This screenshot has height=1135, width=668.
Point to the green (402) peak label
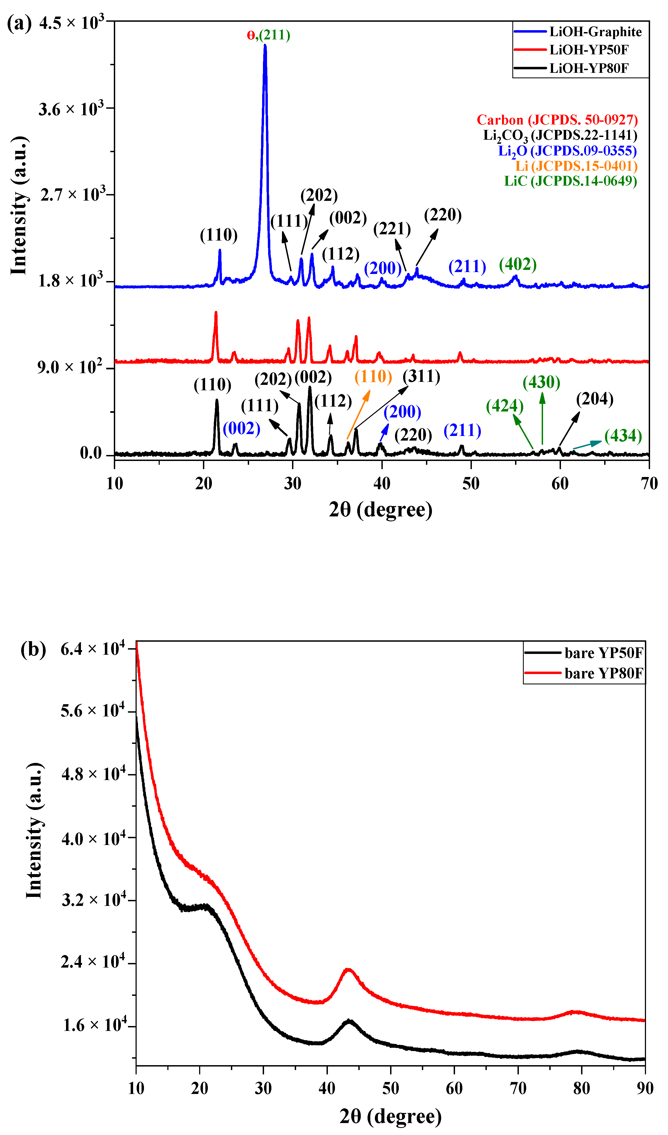pyautogui.click(x=518, y=265)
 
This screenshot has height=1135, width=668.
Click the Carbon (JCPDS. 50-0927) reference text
pyautogui.click(x=557, y=120)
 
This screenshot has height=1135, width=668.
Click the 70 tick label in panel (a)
pyautogui.click(x=649, y=484)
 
